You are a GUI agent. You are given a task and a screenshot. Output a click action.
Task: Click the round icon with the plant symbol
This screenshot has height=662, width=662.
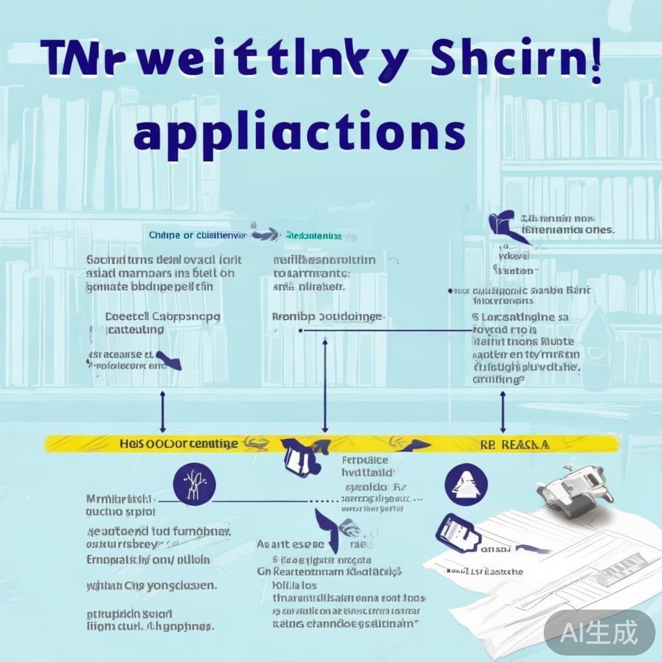tap(195, 484)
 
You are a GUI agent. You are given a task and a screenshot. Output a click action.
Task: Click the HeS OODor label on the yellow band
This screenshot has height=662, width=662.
tap(178, 444)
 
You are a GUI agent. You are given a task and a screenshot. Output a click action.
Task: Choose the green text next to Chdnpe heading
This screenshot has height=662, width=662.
tap(314, 236)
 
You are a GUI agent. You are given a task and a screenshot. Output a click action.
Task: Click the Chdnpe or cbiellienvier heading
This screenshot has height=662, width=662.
tap(197, 235)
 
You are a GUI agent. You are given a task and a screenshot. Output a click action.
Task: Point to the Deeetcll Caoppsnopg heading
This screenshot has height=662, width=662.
tap(162, 317)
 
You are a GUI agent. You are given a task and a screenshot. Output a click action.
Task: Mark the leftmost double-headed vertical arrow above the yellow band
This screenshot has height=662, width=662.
tap(162, 411)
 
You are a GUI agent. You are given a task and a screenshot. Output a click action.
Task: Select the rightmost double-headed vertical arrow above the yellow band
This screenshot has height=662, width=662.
tap(503, 411)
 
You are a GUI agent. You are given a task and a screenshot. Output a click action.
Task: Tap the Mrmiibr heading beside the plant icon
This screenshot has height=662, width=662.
tap(121, 500)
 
